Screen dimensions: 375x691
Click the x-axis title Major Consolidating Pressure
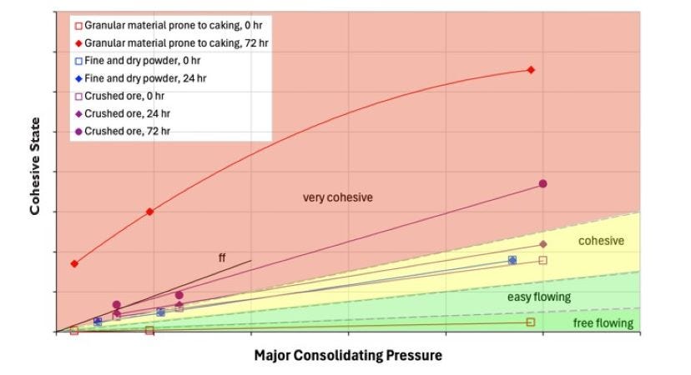(x=347, y=356)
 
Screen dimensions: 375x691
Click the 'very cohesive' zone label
(x=337, y=197)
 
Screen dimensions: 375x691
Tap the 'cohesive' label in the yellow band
(x=601, y=241)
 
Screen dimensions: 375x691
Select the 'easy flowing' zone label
(x=539, y=297)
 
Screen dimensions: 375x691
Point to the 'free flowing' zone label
(x=603, y=323)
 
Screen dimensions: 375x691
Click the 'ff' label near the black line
(x=222, y=258)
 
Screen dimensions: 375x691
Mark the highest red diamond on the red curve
(x=531, y=70)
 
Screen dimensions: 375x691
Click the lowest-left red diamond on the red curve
(x=74, y=263)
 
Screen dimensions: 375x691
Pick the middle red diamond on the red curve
(x=149, y=212)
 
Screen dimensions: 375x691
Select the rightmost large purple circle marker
(x=542, y=183)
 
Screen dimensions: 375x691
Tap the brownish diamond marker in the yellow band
(x=542, y=244)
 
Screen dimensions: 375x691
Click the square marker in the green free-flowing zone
(x=530, y=322)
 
